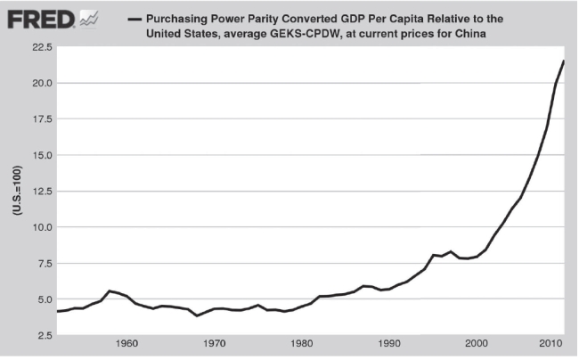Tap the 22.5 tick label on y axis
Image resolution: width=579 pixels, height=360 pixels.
[x=37, y=46]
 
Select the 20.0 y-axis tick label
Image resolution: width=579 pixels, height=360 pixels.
[x=37, y=83]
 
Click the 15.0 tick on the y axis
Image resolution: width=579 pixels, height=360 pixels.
[x=37, y=155]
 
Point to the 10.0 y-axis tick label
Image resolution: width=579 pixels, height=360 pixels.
[x=37, y=227]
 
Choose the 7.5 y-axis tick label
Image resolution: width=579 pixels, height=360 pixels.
[x=40, y=264]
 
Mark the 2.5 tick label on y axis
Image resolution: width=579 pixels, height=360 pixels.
[x=40, y=336]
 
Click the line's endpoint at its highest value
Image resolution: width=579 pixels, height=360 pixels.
[x=564, y=61]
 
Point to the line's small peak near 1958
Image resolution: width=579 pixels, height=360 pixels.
[x=110, y=290]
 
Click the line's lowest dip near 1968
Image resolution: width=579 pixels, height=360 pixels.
[x=197, y=315]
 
